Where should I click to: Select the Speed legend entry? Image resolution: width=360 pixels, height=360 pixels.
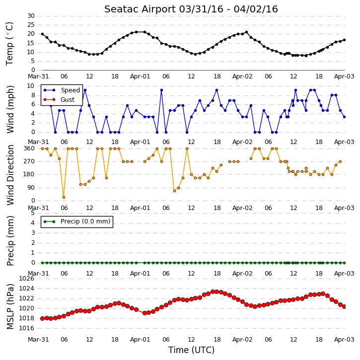62,90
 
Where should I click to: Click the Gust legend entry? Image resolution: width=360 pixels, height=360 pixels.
59,100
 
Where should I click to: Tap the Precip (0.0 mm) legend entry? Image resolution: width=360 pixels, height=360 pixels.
77,221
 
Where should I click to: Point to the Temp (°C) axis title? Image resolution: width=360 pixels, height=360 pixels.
9,44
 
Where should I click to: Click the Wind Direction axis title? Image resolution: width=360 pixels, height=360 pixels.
10,175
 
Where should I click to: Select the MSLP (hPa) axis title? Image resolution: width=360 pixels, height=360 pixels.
10,306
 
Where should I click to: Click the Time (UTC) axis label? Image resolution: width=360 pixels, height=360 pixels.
191,350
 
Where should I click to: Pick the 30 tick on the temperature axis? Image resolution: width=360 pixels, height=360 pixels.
31,16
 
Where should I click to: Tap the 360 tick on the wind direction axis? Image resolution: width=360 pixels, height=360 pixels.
29,148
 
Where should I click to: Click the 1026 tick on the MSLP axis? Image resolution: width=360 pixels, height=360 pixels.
26,279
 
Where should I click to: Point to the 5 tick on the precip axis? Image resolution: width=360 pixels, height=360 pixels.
33,213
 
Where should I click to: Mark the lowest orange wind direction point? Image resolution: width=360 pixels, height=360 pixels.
64,198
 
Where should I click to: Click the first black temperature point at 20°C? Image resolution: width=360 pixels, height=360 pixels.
43,34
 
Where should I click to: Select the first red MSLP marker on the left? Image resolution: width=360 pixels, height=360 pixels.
43,318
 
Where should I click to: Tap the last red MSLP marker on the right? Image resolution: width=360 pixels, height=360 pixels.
344,306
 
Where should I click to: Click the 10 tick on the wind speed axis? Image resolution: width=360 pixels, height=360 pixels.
31,86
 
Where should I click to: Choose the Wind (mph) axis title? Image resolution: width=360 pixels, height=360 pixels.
10,109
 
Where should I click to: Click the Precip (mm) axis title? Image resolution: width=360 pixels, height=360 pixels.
10,241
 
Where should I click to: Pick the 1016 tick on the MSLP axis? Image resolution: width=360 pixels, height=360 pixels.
26,328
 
